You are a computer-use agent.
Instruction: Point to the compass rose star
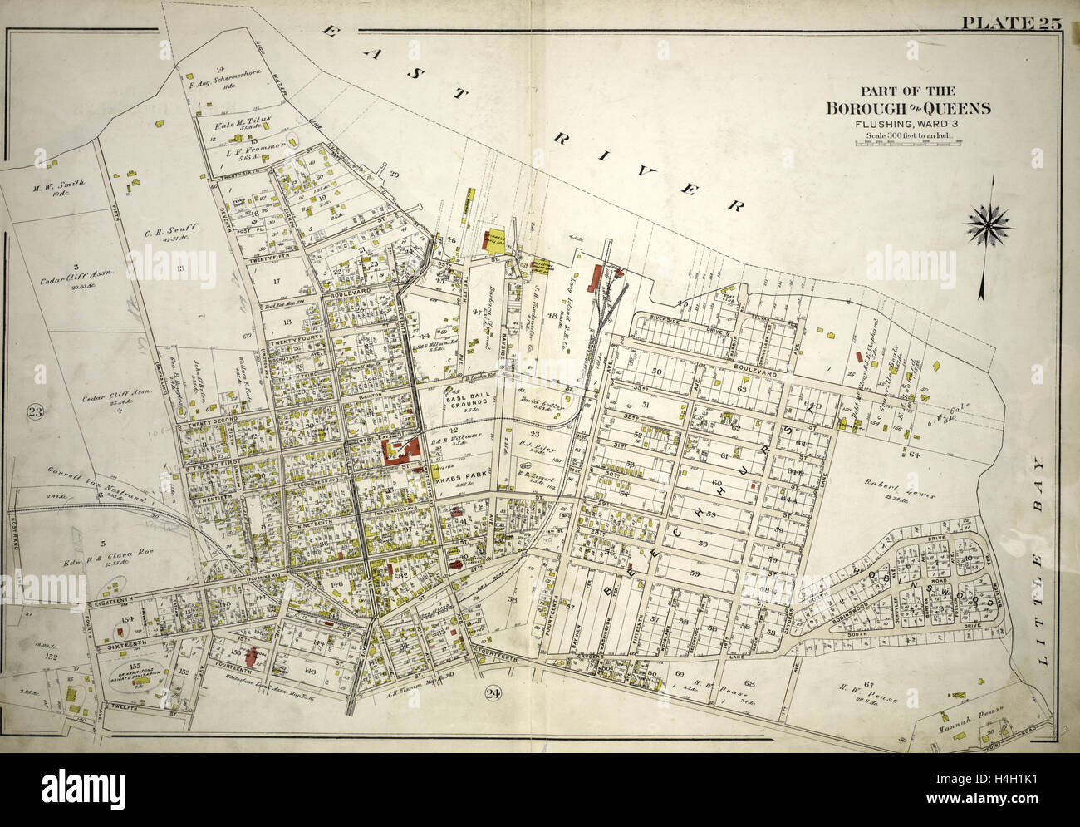click(x=989, y=222)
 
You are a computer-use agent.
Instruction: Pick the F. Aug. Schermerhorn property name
click(x=224, y=78)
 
